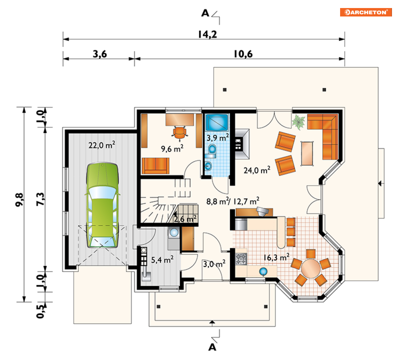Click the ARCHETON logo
click(x=365, y=12)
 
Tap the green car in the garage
click(x=103, y=205)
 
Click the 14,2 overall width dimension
click(x=207, y=35)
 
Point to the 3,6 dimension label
click(x=100, y=54)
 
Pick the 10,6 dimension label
click(x=243, y=54)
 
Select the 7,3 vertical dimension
click(x=40, y=199)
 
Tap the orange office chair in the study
click(x=180, y=133)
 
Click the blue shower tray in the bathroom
click(x=217, y=123)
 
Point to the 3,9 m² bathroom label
click(x=217, y=138)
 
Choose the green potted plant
click(x=298, y=122)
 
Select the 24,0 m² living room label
click(x=257, y=170)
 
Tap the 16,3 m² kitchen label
click(x=276, y=258)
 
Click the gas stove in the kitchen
click(x=241, y=259)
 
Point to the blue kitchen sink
click(x=263, y=271)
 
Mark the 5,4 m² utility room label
click(x=162, y=260)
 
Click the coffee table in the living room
click(x=307, y=153)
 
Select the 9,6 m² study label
click(x=172, y=148)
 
